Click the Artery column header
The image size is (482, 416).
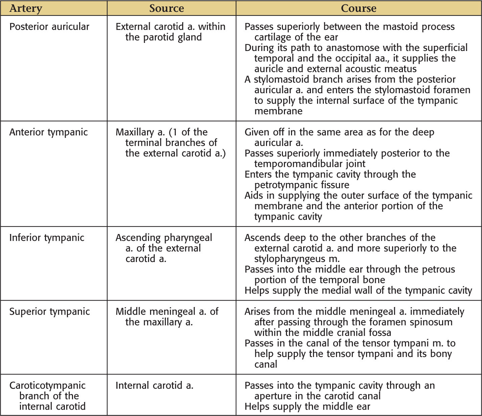coord(26,8)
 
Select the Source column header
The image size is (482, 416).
coord(167,8)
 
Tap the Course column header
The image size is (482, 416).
coord(358,8)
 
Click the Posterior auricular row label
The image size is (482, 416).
coord(49,27)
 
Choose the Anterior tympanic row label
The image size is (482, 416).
coord(48,132)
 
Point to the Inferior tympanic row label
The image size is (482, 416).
coord(47,238)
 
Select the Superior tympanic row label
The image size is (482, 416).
coord(49,312)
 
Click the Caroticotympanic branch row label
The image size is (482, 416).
coord(47,396)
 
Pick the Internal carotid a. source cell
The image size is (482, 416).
coord(154,386)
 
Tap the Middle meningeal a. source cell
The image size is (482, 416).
coord(167,317)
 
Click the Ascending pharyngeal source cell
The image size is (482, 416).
coord(164,248)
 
